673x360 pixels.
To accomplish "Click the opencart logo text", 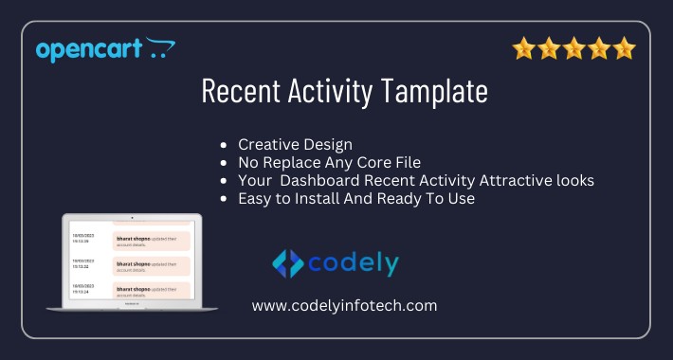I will (89, 49).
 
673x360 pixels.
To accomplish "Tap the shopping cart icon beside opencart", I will (160, 47).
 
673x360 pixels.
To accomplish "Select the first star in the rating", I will (524, 48).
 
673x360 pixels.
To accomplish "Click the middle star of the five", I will (573, 48).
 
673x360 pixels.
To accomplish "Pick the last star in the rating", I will (623, 48).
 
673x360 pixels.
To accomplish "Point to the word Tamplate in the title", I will (438, 92).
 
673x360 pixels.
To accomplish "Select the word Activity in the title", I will (333, 92).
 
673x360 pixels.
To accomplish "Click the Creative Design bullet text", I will (295, 145).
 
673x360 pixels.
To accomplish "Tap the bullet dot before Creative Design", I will (223, 146).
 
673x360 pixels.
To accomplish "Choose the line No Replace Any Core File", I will (329, 163).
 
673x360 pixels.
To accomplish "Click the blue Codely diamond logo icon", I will (288, 263).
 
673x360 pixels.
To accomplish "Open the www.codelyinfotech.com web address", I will (344, 305).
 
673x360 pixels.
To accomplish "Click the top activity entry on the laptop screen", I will (151, 240).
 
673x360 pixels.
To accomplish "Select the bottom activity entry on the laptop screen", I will (151, 291).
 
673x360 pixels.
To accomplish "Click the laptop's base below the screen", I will (132, 308).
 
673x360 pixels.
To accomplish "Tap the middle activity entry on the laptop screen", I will (151, 265).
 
